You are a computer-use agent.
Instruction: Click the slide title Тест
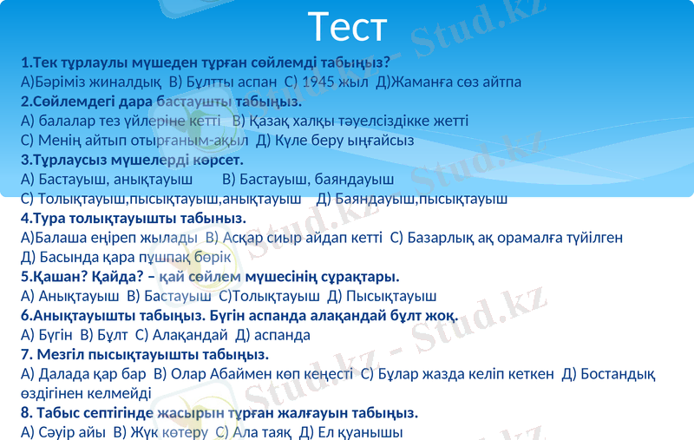pyautogui.click(x=347, y=27)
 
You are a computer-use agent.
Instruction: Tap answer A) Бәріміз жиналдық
pyautogui.click(x=90, y=82)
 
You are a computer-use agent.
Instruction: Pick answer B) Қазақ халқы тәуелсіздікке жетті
pyautogui.click(x=351, y=120)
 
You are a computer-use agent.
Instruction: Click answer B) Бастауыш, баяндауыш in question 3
pyautogui.click(x=308, y=180)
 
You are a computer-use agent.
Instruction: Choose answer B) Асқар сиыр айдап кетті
pyautogui.click(x=291, y=237)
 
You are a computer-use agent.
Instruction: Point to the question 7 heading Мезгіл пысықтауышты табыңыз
pyautogui.click(x=144, y=354)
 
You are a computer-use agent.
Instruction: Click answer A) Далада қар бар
pyautogui.click(x=82, y=374)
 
